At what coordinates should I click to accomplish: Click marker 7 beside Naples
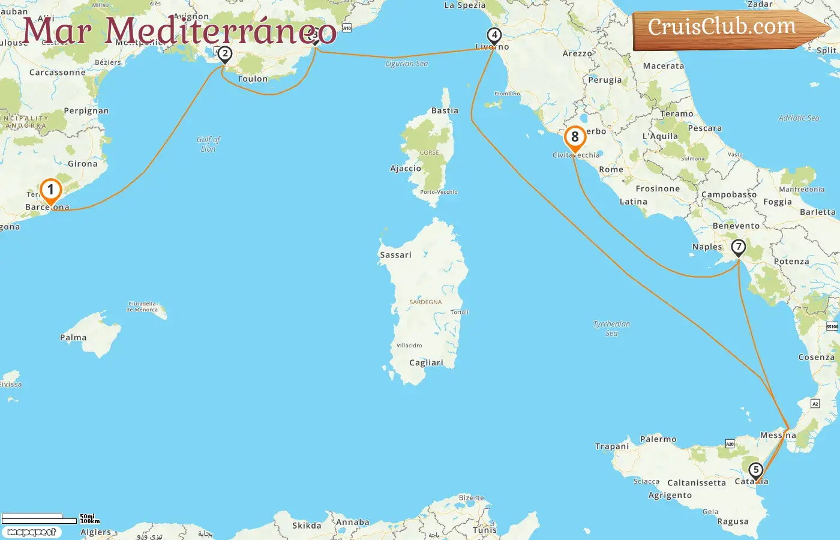pos(738,247)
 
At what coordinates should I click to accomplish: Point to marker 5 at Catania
pos(755,470)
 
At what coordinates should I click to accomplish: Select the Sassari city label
pos(395,255)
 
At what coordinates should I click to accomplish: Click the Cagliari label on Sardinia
pos(426,363)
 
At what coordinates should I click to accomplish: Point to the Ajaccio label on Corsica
pos(406,169)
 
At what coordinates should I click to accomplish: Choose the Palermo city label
pos(658,439)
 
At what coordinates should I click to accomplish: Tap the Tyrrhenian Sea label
pos(611,328)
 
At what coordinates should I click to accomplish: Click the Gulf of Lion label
pos(208,144)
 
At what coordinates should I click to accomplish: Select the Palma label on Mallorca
pos(73,338)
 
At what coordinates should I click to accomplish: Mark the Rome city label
pos(611,170)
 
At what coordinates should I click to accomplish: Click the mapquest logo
pos(31,532)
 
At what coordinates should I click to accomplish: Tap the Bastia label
pos(445,111)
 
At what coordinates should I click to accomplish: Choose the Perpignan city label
pos(86,111)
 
